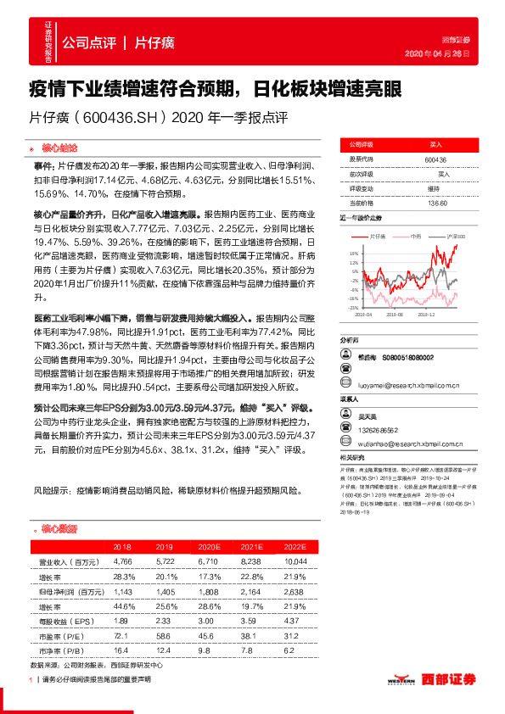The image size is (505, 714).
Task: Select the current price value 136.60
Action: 437,202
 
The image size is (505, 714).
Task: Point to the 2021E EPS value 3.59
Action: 249,619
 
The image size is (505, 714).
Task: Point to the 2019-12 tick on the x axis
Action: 426,314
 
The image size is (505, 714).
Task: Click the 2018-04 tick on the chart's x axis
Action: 366,314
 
